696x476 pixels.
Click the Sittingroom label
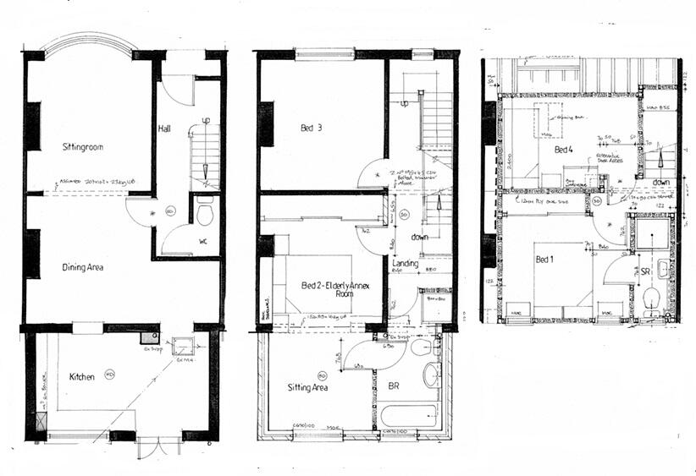coord(82,147)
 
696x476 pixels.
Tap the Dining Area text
coord(83,267)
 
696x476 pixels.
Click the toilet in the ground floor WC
coord(204,214)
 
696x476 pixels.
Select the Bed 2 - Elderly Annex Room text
coord(336,290)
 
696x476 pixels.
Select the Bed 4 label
coord(563,150)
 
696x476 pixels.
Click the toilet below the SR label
coord(650,298)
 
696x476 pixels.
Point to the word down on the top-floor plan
coord(663,182)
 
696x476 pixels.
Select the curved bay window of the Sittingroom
coord(90,41)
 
